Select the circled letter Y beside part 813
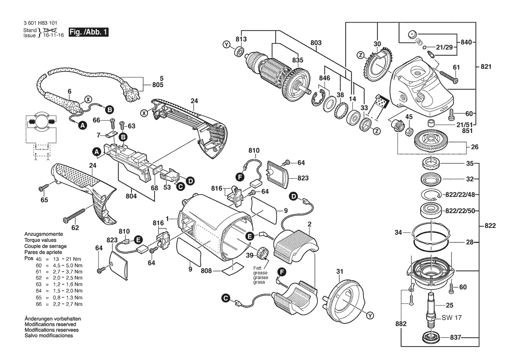click(226, 44)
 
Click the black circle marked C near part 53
click(180, 187)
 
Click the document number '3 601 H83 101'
click(40, 23)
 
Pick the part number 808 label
click(206, 271)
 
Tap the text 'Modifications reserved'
click(51, 325)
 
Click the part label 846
click(324, 78)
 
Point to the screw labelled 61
click(448, 78)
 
